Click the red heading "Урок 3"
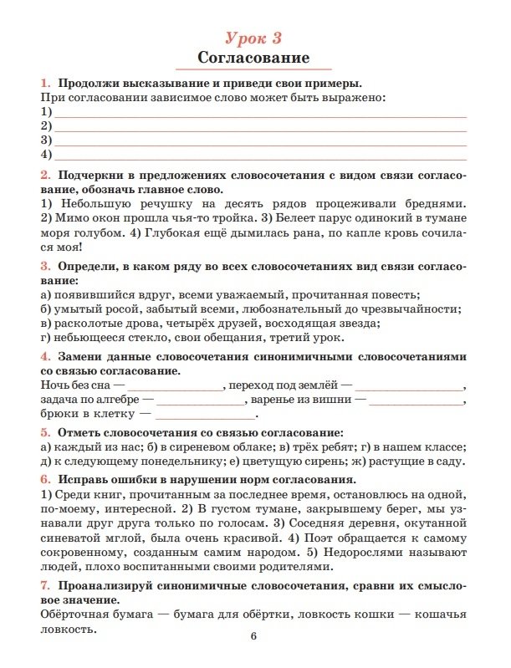(254, 36)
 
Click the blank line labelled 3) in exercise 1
(259, 141)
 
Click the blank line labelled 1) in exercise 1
(259, 113)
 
